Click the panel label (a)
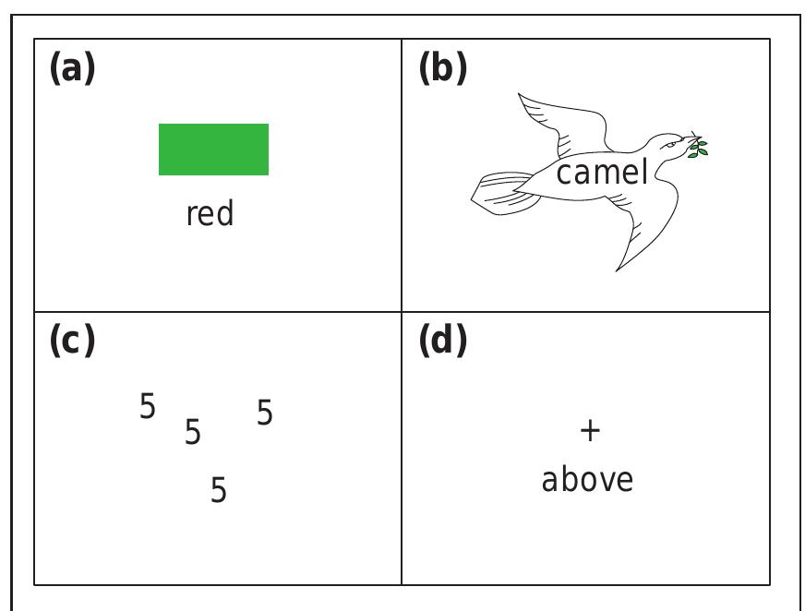click(x=72, y=69)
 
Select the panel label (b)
click(x=443, y=69)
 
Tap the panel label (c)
click(x=72, y=341)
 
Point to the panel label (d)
click(x=443, y=341)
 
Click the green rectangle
click(x=213, y=150)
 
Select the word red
click(x=210, y=214)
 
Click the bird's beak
click(x=688, y=146)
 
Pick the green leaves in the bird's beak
click(x=700, y=147)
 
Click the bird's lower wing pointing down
click(x=637, y=236)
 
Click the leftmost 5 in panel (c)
click(x=148, y=406)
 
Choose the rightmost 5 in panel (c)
click(x=265, y=413)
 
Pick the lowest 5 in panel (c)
click(x=219, y=490)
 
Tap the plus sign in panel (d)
click(x=589, y=430)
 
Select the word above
click(x=587, y=480)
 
